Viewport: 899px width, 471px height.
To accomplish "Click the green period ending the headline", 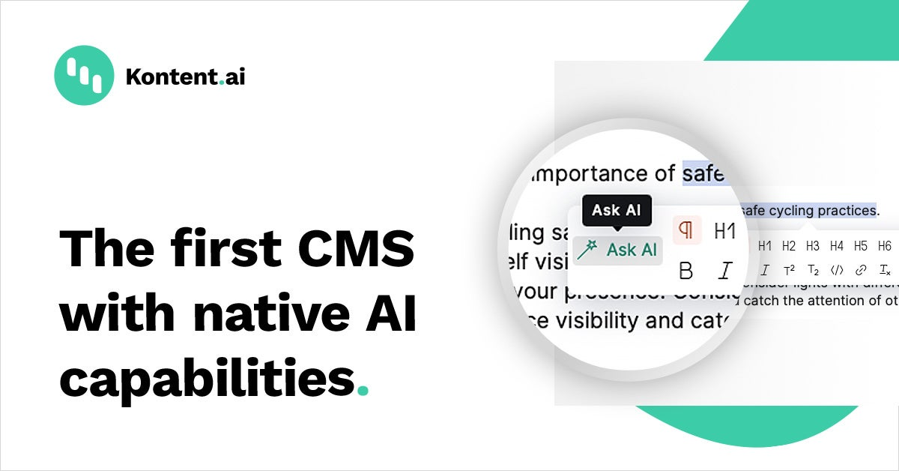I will (363, 391).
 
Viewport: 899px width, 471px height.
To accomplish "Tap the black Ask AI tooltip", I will (617, 211).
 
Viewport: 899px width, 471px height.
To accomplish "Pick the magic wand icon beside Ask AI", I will (587, 250).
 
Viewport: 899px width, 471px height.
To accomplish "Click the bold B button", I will (685, 270).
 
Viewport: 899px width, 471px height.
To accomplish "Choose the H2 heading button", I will (789, 246).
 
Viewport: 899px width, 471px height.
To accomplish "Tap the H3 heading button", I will (813, 246).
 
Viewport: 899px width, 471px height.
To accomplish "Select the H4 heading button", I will (837, 246).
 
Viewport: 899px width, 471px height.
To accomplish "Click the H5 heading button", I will (861, 246).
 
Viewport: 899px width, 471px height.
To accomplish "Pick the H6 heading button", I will (885, 246).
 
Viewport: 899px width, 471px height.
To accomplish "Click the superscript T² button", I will (789, 270).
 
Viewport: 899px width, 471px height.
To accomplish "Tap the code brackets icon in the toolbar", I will (837, 270).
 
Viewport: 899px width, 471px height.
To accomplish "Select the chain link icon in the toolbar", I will (861, 270).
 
